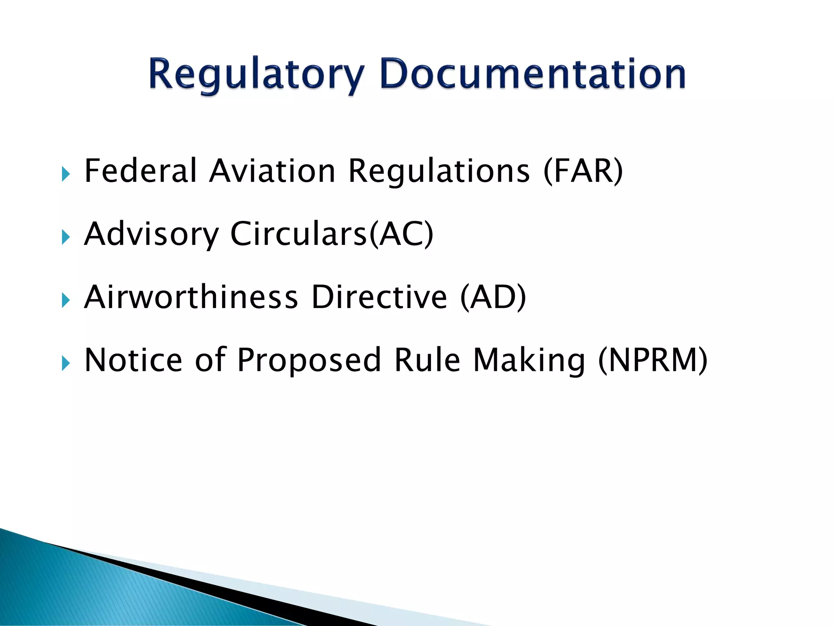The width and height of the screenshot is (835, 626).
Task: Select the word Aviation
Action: [272, 171]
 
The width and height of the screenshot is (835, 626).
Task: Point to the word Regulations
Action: [439, 172]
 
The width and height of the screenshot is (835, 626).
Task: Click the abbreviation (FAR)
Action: [583, 171]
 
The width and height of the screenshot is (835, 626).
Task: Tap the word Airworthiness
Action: [191, 297]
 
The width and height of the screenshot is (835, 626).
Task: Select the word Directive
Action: [379, 297]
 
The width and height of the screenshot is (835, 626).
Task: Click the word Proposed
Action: [309, 361]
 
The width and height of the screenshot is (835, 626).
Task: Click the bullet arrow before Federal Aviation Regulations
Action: [66, 174]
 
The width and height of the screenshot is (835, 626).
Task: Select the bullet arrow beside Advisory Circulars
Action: [66, 237]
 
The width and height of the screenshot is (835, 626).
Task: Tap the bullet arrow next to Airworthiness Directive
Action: [66, 300]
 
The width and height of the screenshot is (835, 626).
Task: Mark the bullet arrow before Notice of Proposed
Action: [66, 363]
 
